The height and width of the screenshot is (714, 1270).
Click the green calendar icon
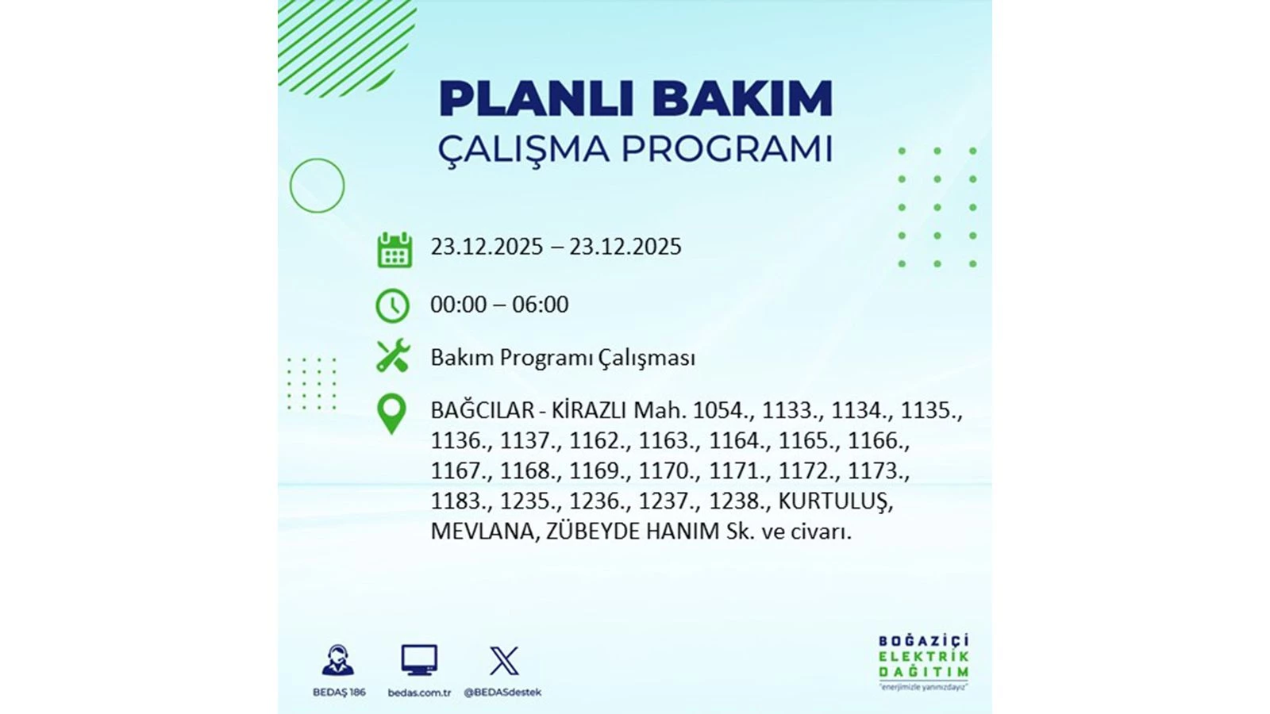394,250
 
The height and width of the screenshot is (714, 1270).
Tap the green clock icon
392,305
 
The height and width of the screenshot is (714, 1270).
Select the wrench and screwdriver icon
392,356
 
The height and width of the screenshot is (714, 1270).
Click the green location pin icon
391,413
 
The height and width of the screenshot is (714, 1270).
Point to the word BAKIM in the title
742,99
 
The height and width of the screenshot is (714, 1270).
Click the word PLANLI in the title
537,99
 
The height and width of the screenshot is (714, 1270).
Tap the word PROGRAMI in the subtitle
726,149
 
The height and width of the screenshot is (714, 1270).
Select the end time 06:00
540,305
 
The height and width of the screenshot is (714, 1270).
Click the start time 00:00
458,305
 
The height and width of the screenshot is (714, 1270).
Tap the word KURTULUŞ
834,501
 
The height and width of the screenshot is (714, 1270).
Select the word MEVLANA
483,532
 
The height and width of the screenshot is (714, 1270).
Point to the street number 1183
458,501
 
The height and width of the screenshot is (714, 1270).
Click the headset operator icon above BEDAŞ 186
338,660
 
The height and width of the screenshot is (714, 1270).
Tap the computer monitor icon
419,660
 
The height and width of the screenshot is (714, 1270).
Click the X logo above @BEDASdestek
503,660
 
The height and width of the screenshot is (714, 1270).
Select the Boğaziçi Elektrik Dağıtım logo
923,661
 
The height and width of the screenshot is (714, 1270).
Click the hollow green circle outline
317,186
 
